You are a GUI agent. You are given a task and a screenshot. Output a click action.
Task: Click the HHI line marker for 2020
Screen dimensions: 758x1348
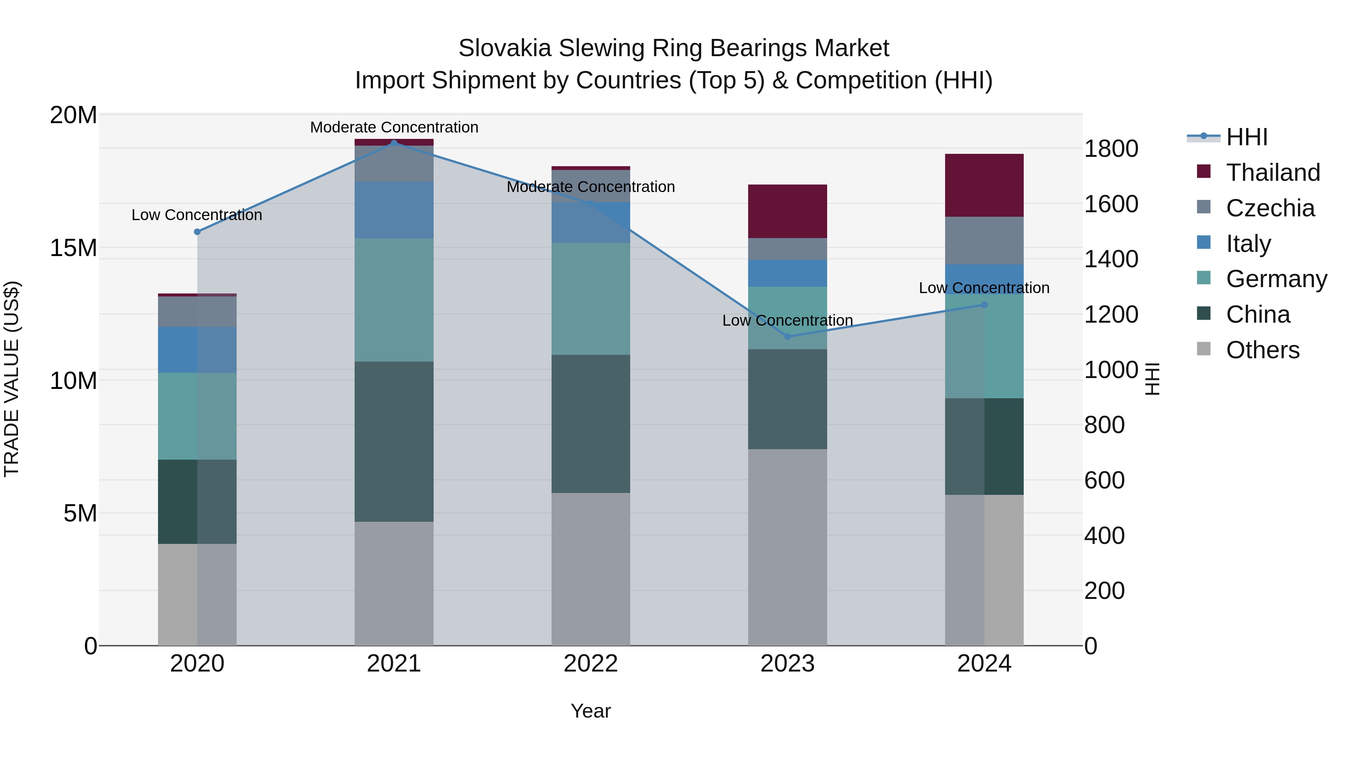click(197, 232)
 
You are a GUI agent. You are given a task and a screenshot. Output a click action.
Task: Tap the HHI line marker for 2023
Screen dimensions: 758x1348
click(787, 337)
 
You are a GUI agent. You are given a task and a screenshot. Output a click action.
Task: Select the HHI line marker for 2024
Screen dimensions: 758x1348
click(984, 304)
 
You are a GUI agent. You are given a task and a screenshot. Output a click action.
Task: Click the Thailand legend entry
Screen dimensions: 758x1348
click(1273, 173)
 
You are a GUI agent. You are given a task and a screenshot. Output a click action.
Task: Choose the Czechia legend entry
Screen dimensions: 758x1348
click(1270, 208)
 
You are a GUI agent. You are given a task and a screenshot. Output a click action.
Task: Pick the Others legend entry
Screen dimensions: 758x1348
click(1262, 350)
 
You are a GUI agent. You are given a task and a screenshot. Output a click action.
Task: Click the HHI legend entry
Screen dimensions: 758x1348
click(1247, 137)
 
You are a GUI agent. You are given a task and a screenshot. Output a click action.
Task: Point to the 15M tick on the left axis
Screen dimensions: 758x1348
click(73, 248)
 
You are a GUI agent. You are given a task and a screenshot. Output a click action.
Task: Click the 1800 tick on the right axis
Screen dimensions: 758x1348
click(1111, 149)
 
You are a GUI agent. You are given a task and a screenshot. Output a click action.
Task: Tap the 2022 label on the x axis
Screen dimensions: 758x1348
click(591, 664)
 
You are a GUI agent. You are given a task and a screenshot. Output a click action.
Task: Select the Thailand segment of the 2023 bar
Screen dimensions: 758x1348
click(787, 211)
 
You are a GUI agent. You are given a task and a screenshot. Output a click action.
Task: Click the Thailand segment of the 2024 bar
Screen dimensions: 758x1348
click(984, 185)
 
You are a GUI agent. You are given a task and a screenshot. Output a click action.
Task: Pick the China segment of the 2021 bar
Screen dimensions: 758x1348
click(394, 442)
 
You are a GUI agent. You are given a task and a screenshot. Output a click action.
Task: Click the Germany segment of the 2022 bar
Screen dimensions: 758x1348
click(591, 299)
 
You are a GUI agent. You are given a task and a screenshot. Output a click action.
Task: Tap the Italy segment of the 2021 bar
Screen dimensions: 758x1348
click(394, 210)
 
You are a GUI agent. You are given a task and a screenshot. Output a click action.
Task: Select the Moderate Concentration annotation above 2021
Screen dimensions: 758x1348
click(394, 127)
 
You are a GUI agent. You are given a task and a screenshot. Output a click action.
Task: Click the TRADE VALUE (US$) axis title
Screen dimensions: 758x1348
click(12, 379)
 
